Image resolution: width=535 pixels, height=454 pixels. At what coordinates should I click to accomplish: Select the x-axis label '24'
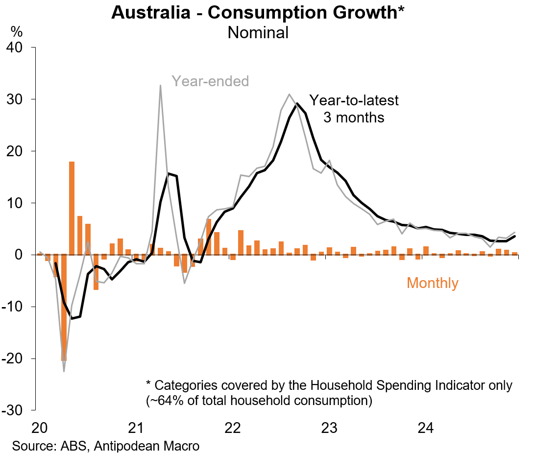pyautogui.click(x=425, y=428)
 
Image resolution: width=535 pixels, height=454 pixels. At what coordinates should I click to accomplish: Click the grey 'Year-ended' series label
pyautogui.click(x=210, y=81)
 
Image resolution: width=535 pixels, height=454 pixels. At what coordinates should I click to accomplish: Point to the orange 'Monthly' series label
pyautogui.click(x=433, y=283)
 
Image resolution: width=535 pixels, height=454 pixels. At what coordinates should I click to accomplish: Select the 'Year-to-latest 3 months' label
pyautogui.click(x=354, y=109)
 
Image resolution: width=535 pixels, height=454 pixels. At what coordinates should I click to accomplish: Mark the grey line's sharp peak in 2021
pyautogui.click(x=160, y=86)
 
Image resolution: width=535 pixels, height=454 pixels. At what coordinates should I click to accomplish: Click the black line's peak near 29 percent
pyautogui.click(x=297, y=104)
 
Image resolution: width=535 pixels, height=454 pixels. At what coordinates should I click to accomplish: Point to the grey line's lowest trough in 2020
pyautogui.click(x=64, y=371)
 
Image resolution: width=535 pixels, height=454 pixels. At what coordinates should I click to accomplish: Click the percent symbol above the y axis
pyautogui.click(x=17, y=32)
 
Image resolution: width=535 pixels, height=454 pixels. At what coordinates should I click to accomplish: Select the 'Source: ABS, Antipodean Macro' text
pyautogui.click(x=105, y=446)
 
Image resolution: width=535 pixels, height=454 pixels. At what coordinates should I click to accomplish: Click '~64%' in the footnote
pyautogui.click(x=166, y=401)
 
